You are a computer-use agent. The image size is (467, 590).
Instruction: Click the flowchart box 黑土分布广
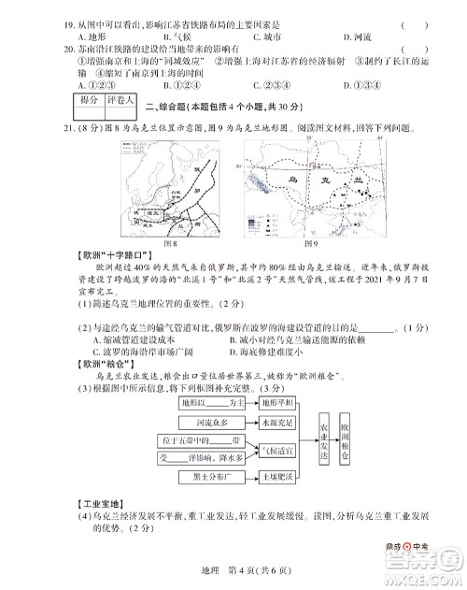pyautogui.click(x=198, y=476)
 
